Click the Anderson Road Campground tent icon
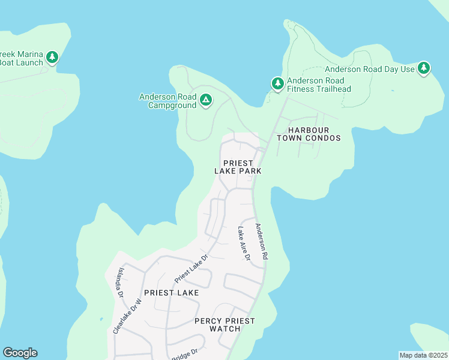coord(206,100)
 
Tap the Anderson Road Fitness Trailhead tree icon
coord(277,84)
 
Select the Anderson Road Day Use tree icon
coord(424,68)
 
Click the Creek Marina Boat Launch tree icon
coord(52,58)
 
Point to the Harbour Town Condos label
coord(309,134)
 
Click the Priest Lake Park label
coord(238,167)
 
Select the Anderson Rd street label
coord(260,242)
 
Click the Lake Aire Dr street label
coord(244,242)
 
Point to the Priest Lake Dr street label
coord(191,268)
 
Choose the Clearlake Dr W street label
coord(127,316)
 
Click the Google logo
coord(20,353)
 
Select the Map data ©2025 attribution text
coord(423,355)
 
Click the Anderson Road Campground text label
coord(168,101)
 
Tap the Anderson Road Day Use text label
coord(370,69)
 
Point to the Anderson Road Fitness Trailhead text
coord(319,85)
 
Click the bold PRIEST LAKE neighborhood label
coord(172,293)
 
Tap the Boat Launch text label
coord(22,62)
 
